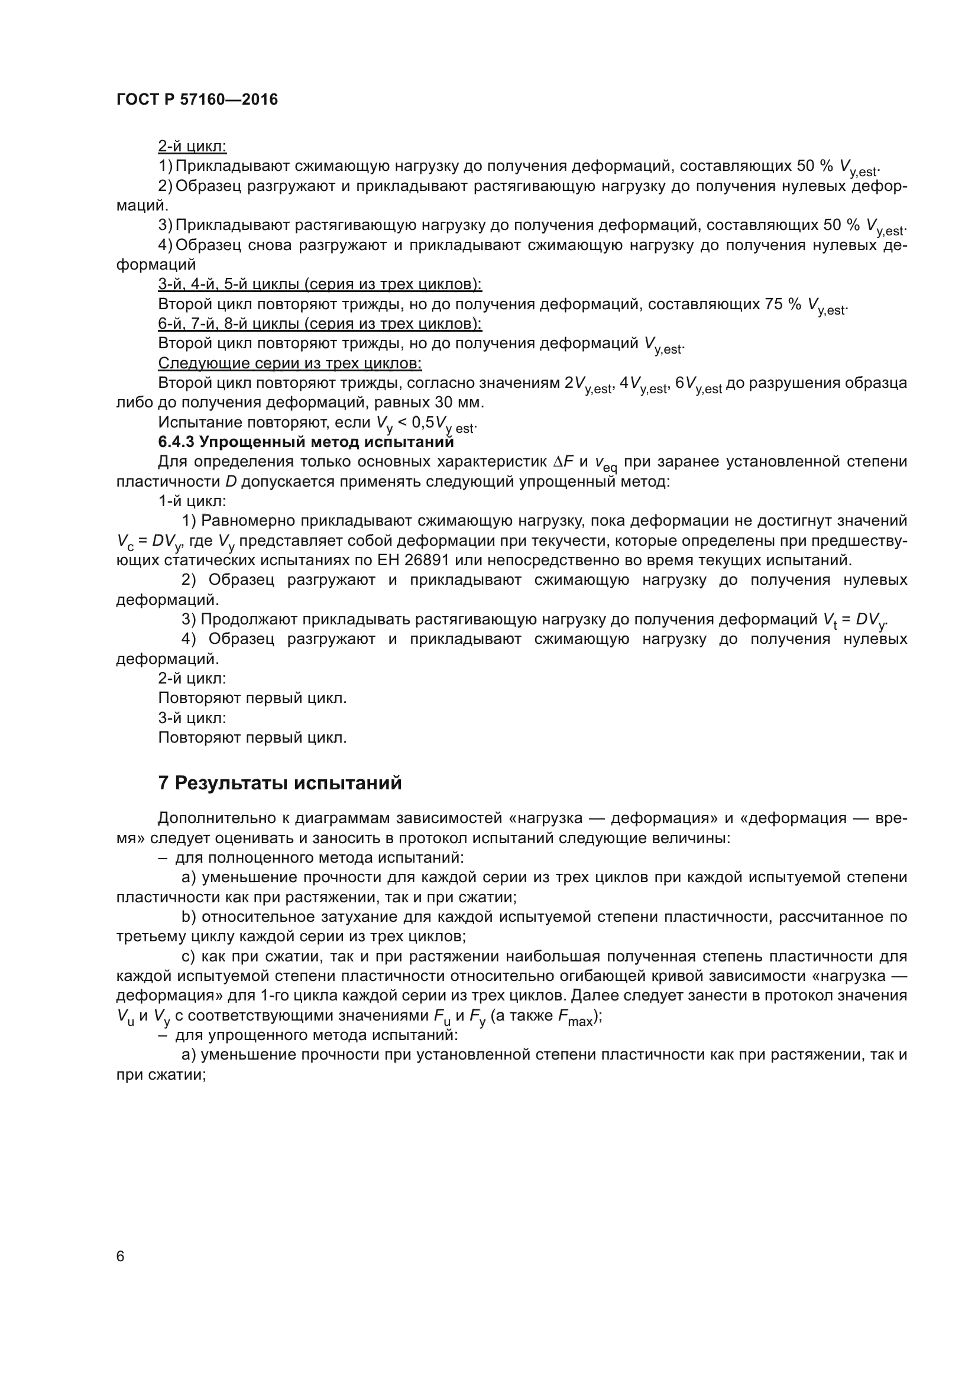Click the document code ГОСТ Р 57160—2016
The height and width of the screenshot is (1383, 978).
tap(197, 99)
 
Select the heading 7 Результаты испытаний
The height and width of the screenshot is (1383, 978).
tap(280, 783)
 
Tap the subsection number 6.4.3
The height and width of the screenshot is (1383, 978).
tap(176, 442)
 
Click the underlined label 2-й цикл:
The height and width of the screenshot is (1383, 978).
tap(192, 147)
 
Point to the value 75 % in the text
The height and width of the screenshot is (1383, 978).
tap(783, 304)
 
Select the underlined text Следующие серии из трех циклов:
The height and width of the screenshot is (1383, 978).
tap(290, 363)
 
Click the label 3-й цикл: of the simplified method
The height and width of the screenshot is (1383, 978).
tap(192, 718)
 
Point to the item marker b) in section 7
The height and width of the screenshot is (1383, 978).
tap(189, 917)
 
